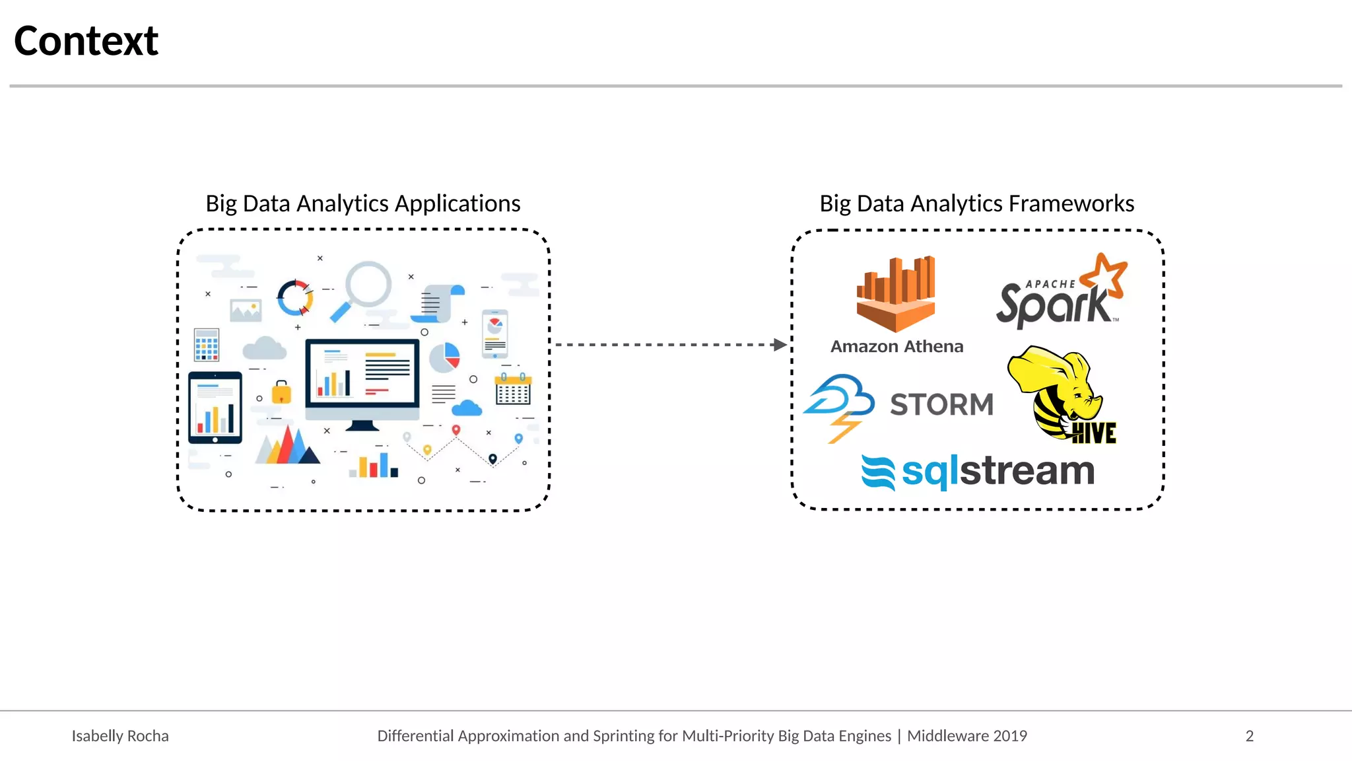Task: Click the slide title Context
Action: [x=86, y=41]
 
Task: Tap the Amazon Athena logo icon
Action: [x=896, y=294]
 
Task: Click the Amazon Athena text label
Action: [x=896, y=346]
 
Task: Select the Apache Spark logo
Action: [x=1060, y=294]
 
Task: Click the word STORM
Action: [x=941, y=404]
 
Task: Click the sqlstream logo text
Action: [x=997, y=471]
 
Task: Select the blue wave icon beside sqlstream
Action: [x=879, y=473]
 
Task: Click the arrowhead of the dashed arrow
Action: [x=780, y=345]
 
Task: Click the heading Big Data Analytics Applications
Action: [x=363, y=203]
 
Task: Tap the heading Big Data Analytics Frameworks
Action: [x=977, y=203]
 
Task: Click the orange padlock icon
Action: [x=281, y=392]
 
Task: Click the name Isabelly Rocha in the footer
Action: [x=120, y=736]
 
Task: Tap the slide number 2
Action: [x=1249, y=736]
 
